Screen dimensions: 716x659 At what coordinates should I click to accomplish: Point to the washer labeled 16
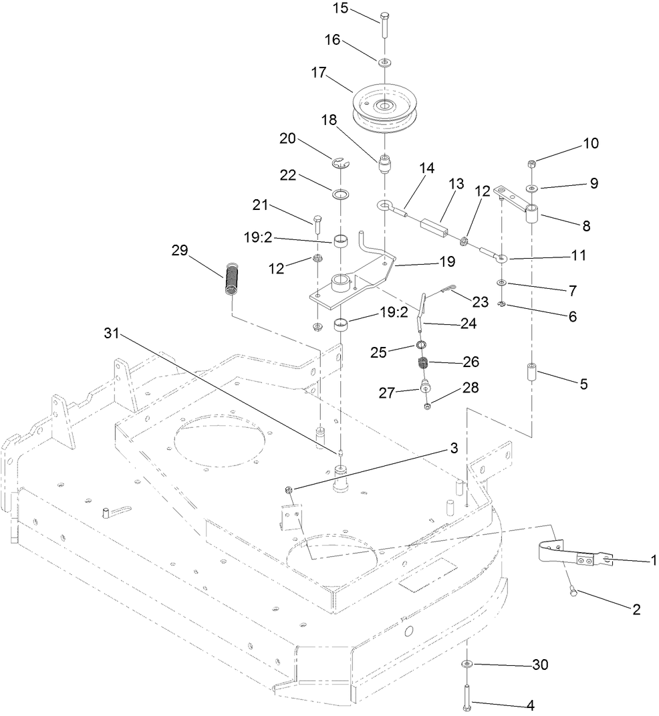(x=386, y=62)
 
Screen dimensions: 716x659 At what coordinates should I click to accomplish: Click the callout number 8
(x=586, y=226)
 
